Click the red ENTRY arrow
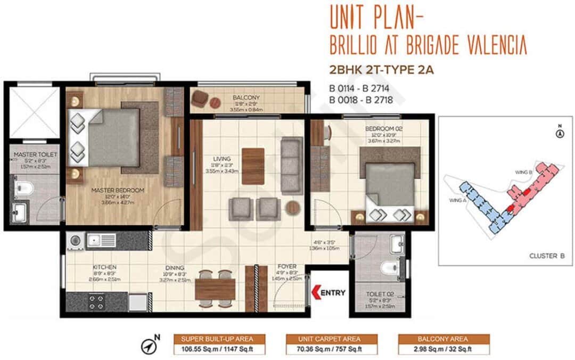pyautogui.click(x=316, y=292)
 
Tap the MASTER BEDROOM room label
pyautogui.click(x=110, y=190)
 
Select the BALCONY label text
pyautogui.click(x=245, y=98)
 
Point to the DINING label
pyautogui.click(x=175, y=268)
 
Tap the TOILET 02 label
pyautogui.click(x=380, y=293)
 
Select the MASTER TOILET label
pyautogui.click(x=35, y=154)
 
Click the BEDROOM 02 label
pyautogui.click(x=379, y=129)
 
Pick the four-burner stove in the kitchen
pyautogui.click(x=96, y=302)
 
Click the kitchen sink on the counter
pyautogui.click(x=101, y=241)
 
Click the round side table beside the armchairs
pyautogui.click(x=292, y=208)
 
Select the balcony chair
pyautogui.click(x=200, y=98)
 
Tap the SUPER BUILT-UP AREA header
pyautogui.click(x=219, y=339)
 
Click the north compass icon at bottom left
pyautogui.click(x=150, y=346)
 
